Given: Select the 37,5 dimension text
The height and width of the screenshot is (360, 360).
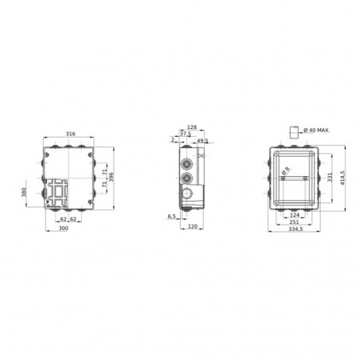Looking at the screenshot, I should [x=184, y=134].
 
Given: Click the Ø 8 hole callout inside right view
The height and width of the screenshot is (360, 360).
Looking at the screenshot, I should [x=286, y=168].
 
